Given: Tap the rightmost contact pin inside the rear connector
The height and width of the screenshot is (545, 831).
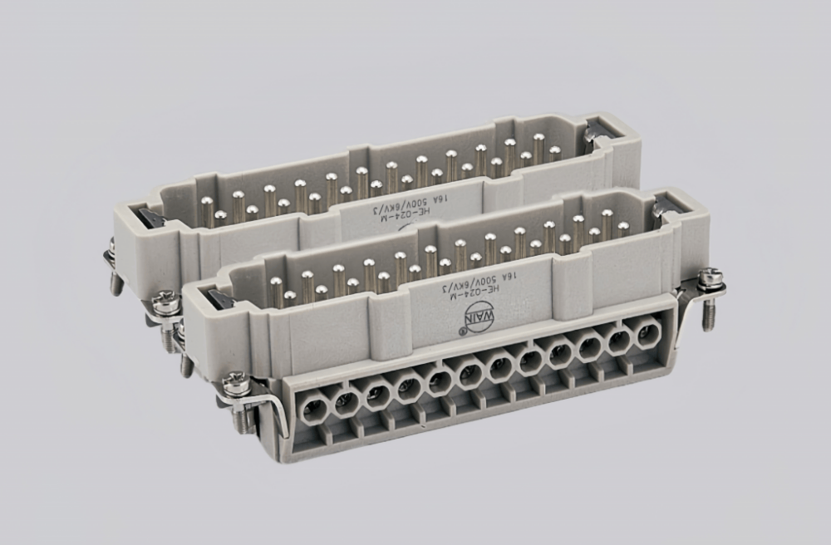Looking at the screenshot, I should (x=553, y=152).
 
